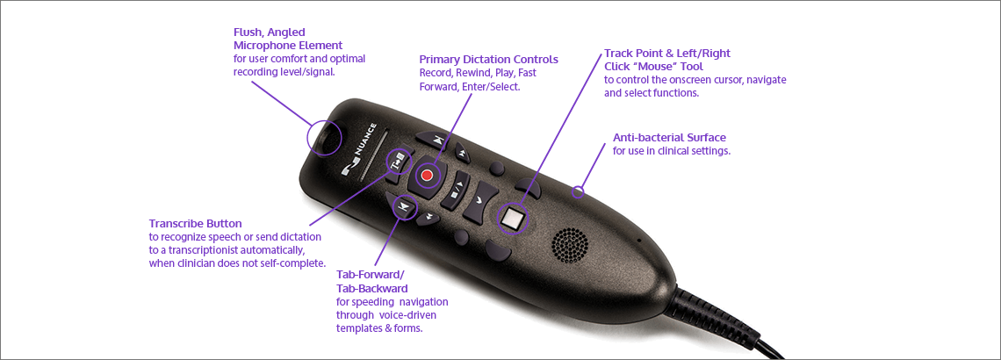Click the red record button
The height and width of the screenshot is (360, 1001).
point(428,176)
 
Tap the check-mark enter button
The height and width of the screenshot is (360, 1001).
point(480,200)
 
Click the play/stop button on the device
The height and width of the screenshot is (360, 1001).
point(455,191)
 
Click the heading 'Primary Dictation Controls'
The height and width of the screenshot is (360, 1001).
point(488,60)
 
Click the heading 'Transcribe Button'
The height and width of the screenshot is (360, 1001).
point(195,223)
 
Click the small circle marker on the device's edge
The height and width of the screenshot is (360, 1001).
point(578,191)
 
